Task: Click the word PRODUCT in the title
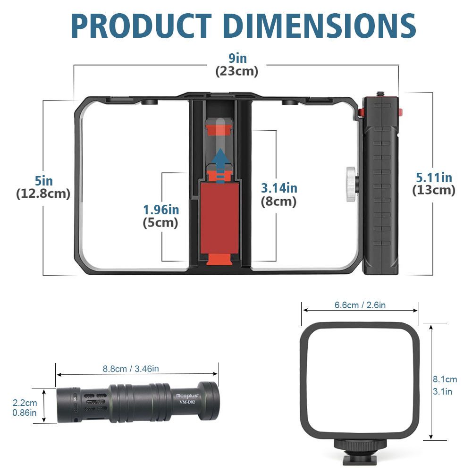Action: (142, 26)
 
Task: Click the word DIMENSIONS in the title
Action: (320, 26)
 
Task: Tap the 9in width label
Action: (237, 58)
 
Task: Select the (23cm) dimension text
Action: (237, 71)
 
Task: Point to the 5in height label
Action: (43, 181)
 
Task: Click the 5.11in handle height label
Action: (434, 177)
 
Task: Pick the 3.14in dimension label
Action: (279, 188)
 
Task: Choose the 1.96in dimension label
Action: (161, 210)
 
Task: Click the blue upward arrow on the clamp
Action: (220, 166)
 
